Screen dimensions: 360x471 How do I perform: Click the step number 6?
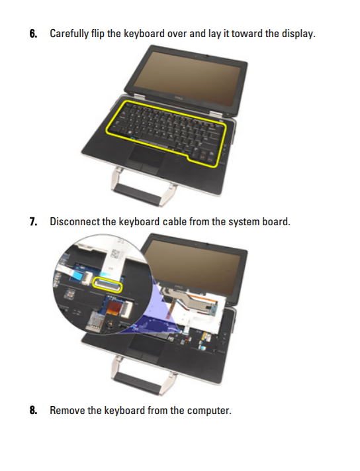33,33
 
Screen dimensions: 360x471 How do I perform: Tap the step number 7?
33,222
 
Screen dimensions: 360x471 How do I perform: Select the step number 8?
33,410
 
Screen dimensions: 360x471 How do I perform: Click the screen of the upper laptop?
187,79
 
